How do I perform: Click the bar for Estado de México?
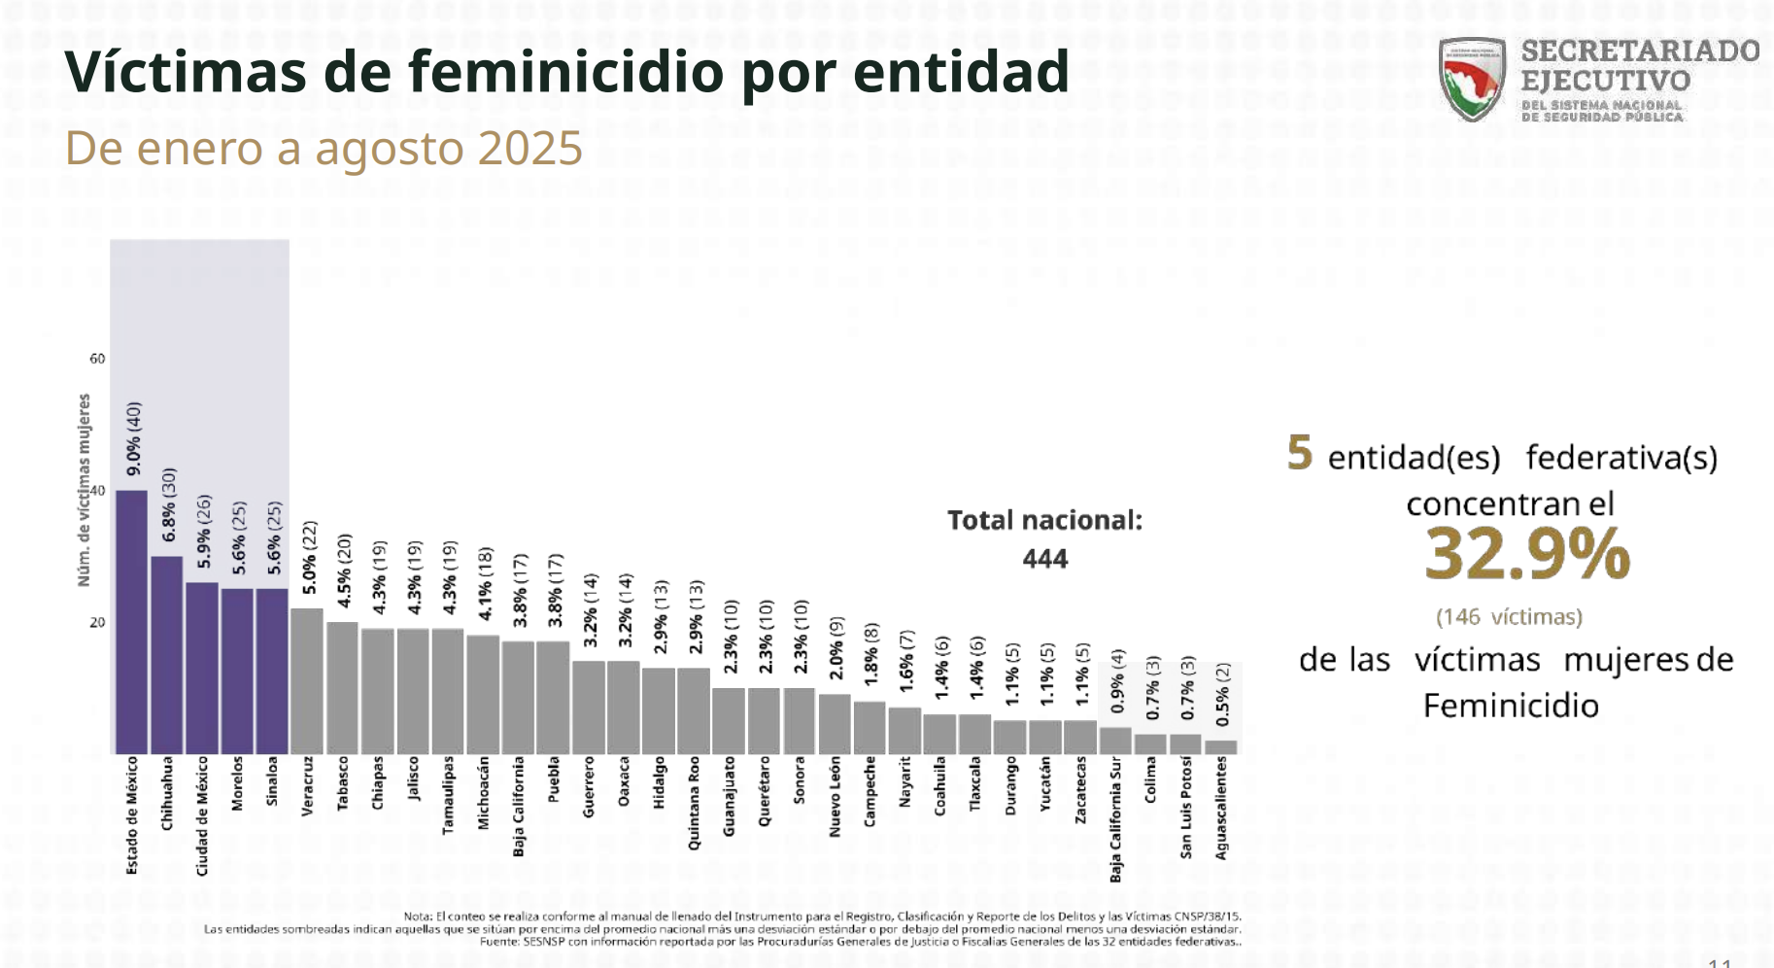[x=132, y=622]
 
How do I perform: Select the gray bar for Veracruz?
[x=307, y=680]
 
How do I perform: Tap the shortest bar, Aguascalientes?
[x=1221, y=746]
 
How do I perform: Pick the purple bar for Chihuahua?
[x=167, y=655]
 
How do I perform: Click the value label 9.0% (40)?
[x=134, y=438]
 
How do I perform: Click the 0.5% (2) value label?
[x=1223, y=694]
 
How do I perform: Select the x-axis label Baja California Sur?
[x=1115, y=819]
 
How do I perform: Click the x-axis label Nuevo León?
[x=835, y=797]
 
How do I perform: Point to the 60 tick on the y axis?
[x=97, y=359]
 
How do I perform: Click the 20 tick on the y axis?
[x=97, y=622]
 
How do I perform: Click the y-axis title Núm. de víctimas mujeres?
[x=85, y=490]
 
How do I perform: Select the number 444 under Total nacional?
[x=1044, y=559]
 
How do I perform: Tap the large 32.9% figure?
[x=1526, y=553]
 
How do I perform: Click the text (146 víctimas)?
[x=1509, y=617]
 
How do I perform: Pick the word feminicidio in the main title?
[x=565, y=72]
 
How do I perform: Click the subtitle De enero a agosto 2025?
[x=324, y=149]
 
